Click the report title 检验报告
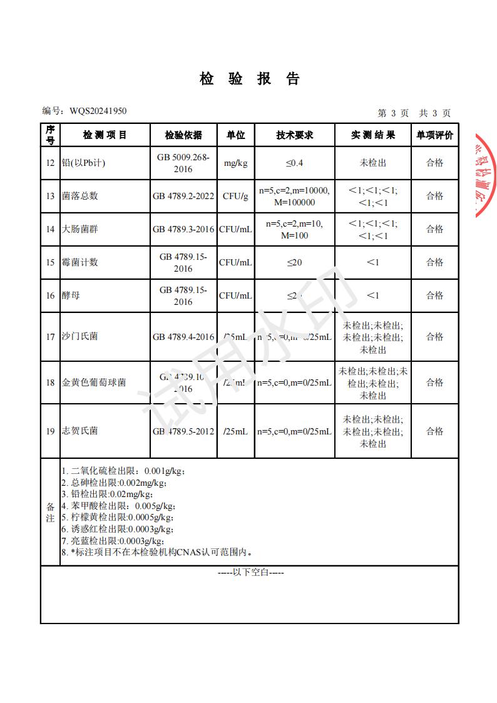pos(250,78)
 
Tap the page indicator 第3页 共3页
pos(414,113)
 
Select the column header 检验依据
pos(183,135)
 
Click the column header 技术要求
pos(294,135)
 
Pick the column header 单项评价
pos(434,135)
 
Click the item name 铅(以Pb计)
pos(84,163)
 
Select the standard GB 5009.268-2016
pos(183,163)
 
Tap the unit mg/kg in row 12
pos(235,163)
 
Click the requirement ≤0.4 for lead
pos(294,163)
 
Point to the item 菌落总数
pos(80,196)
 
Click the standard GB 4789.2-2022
pos(183,196)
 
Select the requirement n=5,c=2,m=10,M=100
pos(294,229)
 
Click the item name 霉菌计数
pos(80,262)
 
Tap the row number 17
pos(50,337)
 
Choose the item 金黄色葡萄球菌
pos(94,382)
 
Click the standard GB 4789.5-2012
pos(183,431)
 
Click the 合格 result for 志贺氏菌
pos(434,431)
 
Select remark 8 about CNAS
pos(156,552)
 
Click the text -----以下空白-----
pos(250,572)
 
